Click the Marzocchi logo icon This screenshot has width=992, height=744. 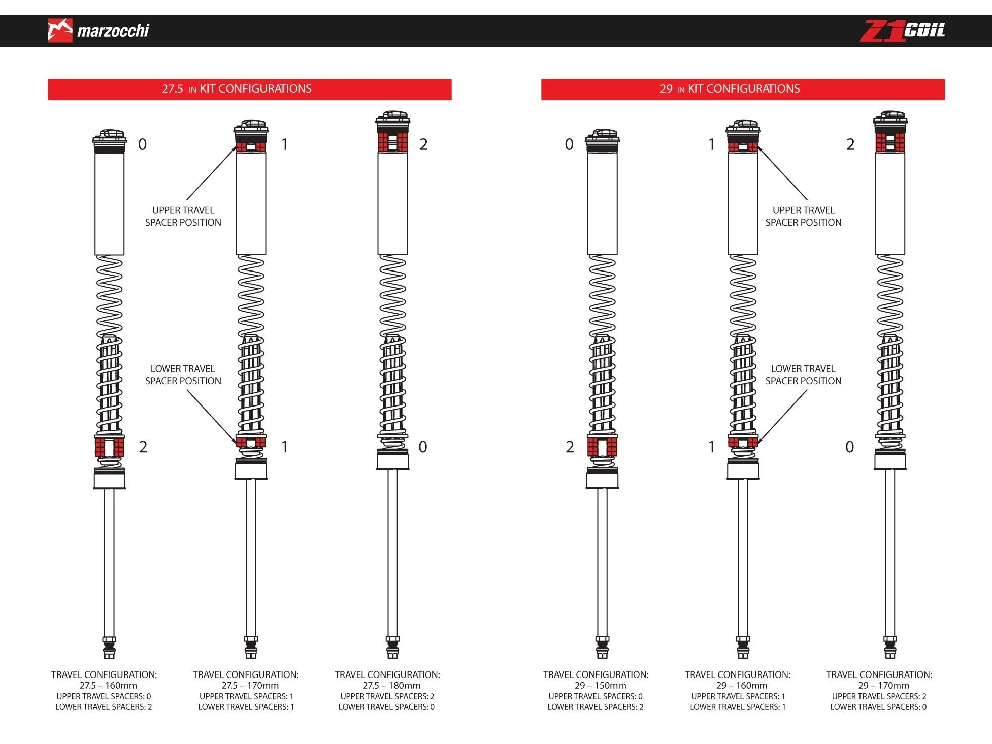pyautogui.click(x=60, y=31)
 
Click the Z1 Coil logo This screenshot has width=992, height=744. pyautogui.click(x=902, y=31)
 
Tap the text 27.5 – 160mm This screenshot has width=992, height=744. pyautogui.click(x=108, y=686)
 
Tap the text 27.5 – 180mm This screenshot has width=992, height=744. pyautogui.click(x=391, y=686)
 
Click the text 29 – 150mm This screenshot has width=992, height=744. pyautogui.click(x=601, y=686)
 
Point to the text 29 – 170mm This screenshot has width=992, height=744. pyautogui.click(x=884, y=686)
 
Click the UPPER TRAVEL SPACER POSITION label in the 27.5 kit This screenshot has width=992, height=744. pyautogui.click(x=183, y=216)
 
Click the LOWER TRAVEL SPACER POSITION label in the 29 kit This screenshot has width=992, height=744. pyautogui.click(x=804, y=375)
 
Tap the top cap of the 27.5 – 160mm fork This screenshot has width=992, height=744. pyautogui.click(x=109, y=141)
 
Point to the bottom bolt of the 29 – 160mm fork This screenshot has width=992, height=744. pyautogui.click(x=743, y=648)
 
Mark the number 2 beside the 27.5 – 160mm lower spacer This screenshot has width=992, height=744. pyautogui.click(x=143, y=447)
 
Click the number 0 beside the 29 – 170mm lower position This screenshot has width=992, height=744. pyautogui.click(x=850, y=447)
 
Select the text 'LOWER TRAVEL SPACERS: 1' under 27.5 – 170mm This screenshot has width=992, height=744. pyautogui.click(x=246, y=707)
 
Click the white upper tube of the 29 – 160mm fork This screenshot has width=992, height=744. pyautogui.click(x=743, y=204)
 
